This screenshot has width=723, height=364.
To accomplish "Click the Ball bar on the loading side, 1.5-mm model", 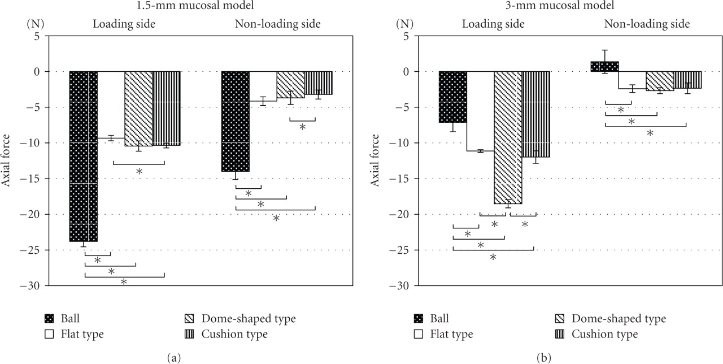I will pos(84,156).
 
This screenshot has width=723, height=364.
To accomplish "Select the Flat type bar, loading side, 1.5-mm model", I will pos(111,105).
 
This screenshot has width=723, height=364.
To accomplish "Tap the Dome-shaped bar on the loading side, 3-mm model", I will pos(508,137).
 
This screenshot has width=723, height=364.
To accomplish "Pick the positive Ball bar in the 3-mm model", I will pos(604,67).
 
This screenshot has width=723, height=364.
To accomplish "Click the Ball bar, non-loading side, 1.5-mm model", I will pos(235,121).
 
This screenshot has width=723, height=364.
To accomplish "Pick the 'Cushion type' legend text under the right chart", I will pos(605,334).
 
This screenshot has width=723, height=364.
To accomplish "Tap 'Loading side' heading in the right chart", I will pos(493,24).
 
